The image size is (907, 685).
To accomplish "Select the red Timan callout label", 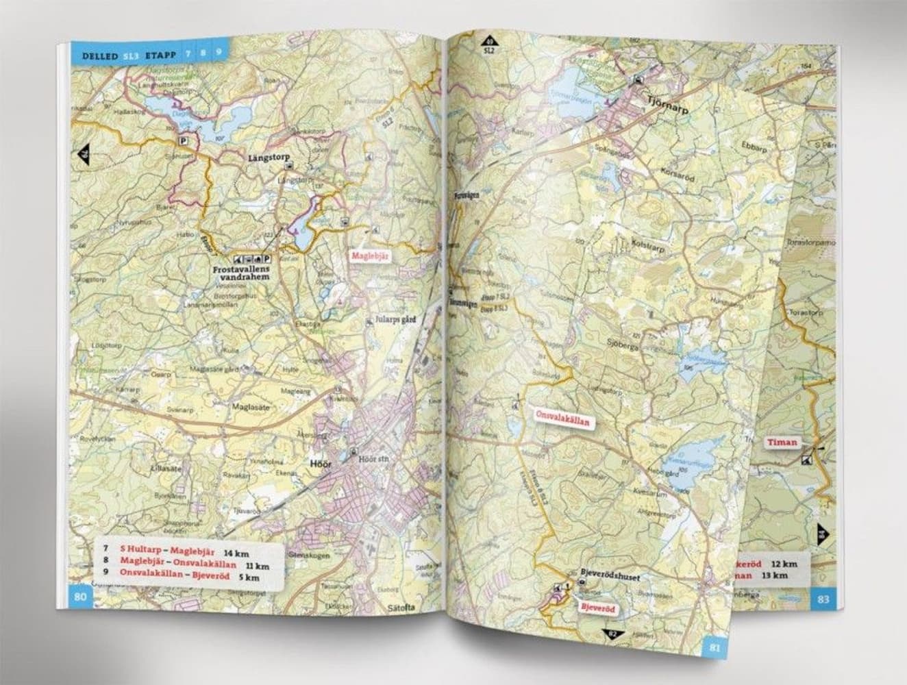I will click(x=782, y=442).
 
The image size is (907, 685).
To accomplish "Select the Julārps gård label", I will click(x=395, y=319).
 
